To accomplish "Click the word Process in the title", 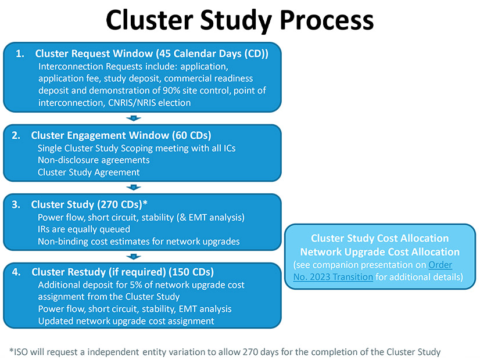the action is [x=327, y=20].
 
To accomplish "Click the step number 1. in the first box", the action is [x=20, y=54].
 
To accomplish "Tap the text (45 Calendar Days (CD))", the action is [x=212, y=54].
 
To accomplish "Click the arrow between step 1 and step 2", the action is [x=134, y=118].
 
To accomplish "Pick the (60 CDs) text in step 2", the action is [x=192, y=135].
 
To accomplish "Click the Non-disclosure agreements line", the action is [x=94, y=160].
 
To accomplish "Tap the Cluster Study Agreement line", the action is [x=89, y=172].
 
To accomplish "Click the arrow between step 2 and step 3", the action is [x=134, y=187].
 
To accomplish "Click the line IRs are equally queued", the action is [x=84, y=229].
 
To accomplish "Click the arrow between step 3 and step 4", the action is [x=134, y=256].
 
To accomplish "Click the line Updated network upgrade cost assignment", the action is [x=126, y=321].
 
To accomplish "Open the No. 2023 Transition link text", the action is [x=333, y=277].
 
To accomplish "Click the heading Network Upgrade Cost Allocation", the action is [x=380, y=252].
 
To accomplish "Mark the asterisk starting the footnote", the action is [x=12, y=351].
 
